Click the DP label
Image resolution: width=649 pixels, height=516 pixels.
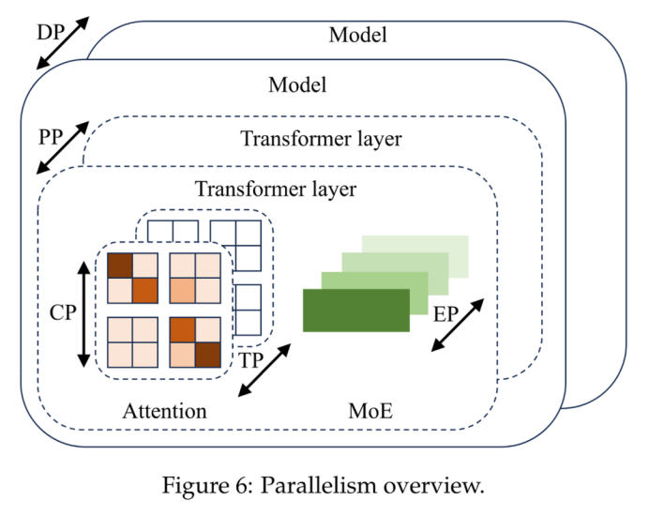coord(49,33)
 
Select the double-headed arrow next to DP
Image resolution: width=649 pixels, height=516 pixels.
coord(62,43)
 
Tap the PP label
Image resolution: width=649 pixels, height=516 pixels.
coord(50,137)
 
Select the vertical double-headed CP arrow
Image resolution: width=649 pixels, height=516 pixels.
coord(84,314)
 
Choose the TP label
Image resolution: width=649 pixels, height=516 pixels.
coord(250,360)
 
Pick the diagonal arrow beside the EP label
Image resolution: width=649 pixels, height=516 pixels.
coord(459,326)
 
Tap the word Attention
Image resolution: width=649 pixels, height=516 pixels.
coord(164,411)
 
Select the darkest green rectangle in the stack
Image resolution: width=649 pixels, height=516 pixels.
coord(356,311)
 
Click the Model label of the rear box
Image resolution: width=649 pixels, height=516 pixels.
coord(357,36)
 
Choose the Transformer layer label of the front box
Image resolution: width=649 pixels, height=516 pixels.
coord(276,189)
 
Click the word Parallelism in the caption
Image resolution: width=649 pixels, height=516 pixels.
coord(317,486)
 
